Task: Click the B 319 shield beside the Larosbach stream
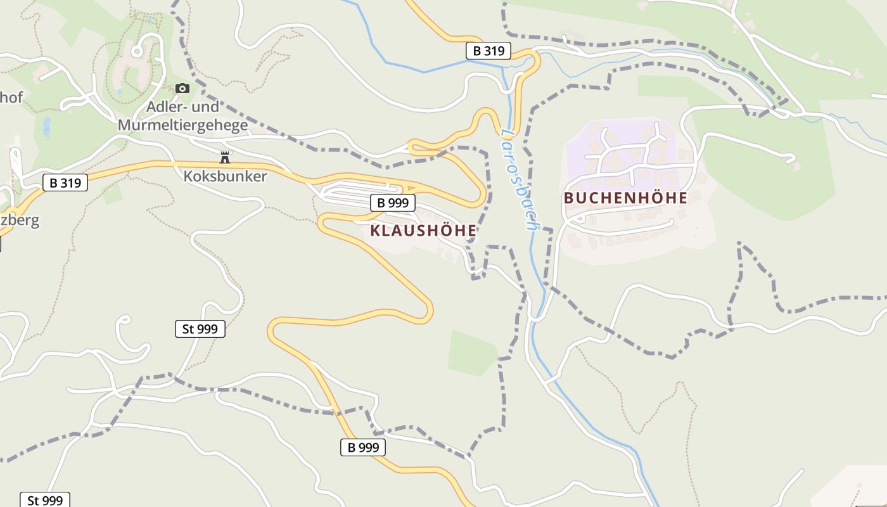coord(488,51)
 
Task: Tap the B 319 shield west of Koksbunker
coord(65,183)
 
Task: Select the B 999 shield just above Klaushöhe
coord(393,203)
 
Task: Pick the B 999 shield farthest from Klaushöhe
coord(363,447)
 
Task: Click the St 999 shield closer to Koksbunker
coord(200,328)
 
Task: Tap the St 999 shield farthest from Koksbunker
coord(44,500)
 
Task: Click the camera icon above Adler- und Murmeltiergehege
coord(182,88)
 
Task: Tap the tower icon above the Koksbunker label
coord(224,157)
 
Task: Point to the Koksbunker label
coord(225,176)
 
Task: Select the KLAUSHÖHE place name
coord(423,231)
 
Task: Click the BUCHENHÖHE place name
coord(625,198)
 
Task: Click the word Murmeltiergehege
coord(182,125)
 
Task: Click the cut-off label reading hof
coord(11,98)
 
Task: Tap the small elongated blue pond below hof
coord(46,127)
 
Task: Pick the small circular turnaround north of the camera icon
coord(136,50)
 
